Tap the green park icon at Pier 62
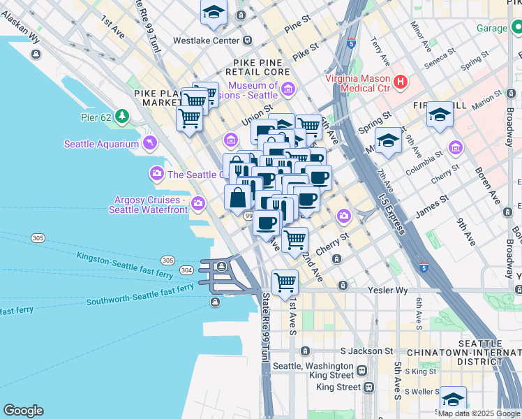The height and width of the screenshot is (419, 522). [123, 116]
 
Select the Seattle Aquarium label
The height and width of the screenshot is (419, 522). [102, 145]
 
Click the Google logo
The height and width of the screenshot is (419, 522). [23, 411]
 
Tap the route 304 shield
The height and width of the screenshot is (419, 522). [186, 270]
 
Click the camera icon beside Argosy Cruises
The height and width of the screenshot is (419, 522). [199, 204]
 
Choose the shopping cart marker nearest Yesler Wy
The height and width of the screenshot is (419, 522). [285, 283]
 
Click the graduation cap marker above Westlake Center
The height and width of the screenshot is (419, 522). [214, 12]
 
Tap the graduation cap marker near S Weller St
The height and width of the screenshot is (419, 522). [453, 399]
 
